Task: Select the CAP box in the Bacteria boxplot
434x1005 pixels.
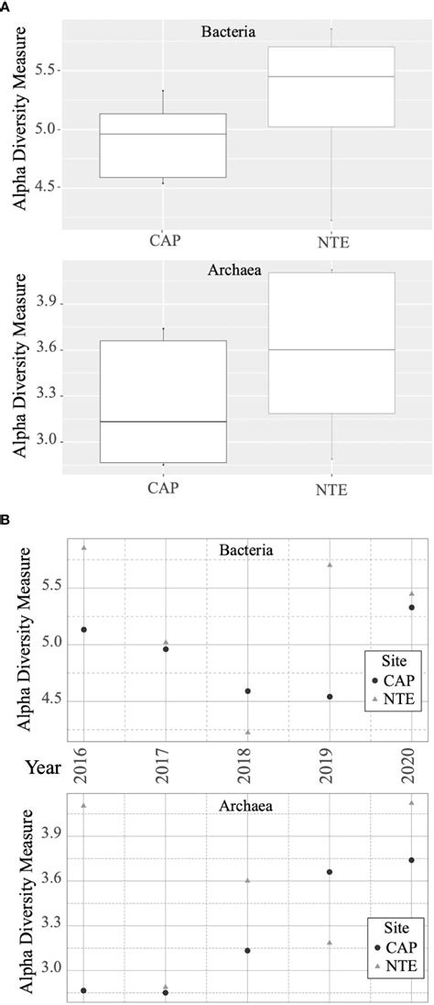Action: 162,145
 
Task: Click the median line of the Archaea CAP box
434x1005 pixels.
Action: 162,422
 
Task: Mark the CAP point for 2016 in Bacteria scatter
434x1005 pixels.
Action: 83,630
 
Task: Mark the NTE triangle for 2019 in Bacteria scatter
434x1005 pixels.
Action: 330,565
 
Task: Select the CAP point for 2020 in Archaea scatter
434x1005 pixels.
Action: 411,860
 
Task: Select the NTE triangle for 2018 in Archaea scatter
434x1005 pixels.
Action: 247,880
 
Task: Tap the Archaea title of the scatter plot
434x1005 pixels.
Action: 246,806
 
